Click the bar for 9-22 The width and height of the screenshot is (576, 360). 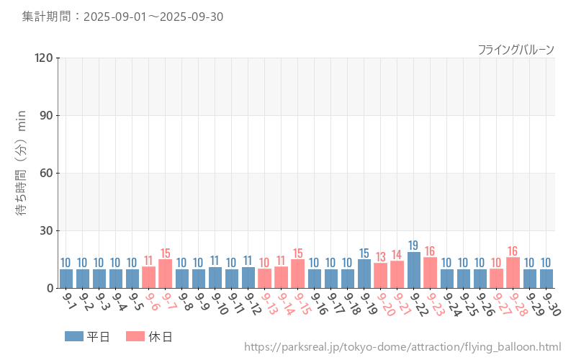[x=414, y=271]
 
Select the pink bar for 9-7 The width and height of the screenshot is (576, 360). [x=166, y=274]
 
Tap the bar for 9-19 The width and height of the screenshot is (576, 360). [x=364, y=274]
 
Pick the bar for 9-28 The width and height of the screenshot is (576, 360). [x=513, y=273]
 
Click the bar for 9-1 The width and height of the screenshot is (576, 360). [x=66, y=279]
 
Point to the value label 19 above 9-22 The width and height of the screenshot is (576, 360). [x=413, y=246]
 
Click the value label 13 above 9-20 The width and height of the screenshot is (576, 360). [x=381, y=256]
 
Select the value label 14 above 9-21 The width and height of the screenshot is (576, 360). [x=397, y=254]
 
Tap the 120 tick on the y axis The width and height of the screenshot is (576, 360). [x=44, y=58]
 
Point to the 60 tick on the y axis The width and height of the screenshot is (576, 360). [x=47, y=173]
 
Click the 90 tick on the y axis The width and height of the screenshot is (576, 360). [x=47, y=115]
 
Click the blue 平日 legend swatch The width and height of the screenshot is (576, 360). [x=73, y=336]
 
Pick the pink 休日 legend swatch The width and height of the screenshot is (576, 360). [x=135, y=336]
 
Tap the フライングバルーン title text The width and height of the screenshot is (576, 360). [x=516, y=50]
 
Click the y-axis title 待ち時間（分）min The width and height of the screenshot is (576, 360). [x=22, y=173]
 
